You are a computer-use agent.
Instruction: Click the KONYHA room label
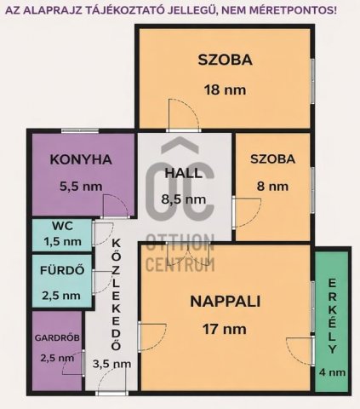pos(81,159)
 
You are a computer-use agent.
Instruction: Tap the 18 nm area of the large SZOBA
pos(225,90)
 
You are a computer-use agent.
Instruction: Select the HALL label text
pos(184,173)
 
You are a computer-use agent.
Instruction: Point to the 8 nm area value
pos(272,187)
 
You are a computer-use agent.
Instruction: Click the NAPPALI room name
pos(226,302)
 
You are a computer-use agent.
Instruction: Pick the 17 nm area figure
pos(225,329)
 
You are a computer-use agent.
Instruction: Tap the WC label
pos(62,226)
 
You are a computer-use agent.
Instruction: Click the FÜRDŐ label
pos(62,270)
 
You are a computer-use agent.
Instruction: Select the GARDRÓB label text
pos(57,338)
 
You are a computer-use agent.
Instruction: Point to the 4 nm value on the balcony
pos(332,372)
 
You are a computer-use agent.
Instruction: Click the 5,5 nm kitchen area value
pos(81,187)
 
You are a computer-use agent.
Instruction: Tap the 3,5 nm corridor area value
pos(111,364)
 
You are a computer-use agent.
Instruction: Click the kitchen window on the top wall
pos(80,130)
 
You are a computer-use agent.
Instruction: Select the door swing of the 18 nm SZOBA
pos(183,115)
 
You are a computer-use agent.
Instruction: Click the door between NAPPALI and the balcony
pos(300,351)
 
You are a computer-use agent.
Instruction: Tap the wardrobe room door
pos(73,364)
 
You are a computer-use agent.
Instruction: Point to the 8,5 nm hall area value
pos(183,199)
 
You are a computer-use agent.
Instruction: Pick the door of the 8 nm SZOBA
pos(246,213)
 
